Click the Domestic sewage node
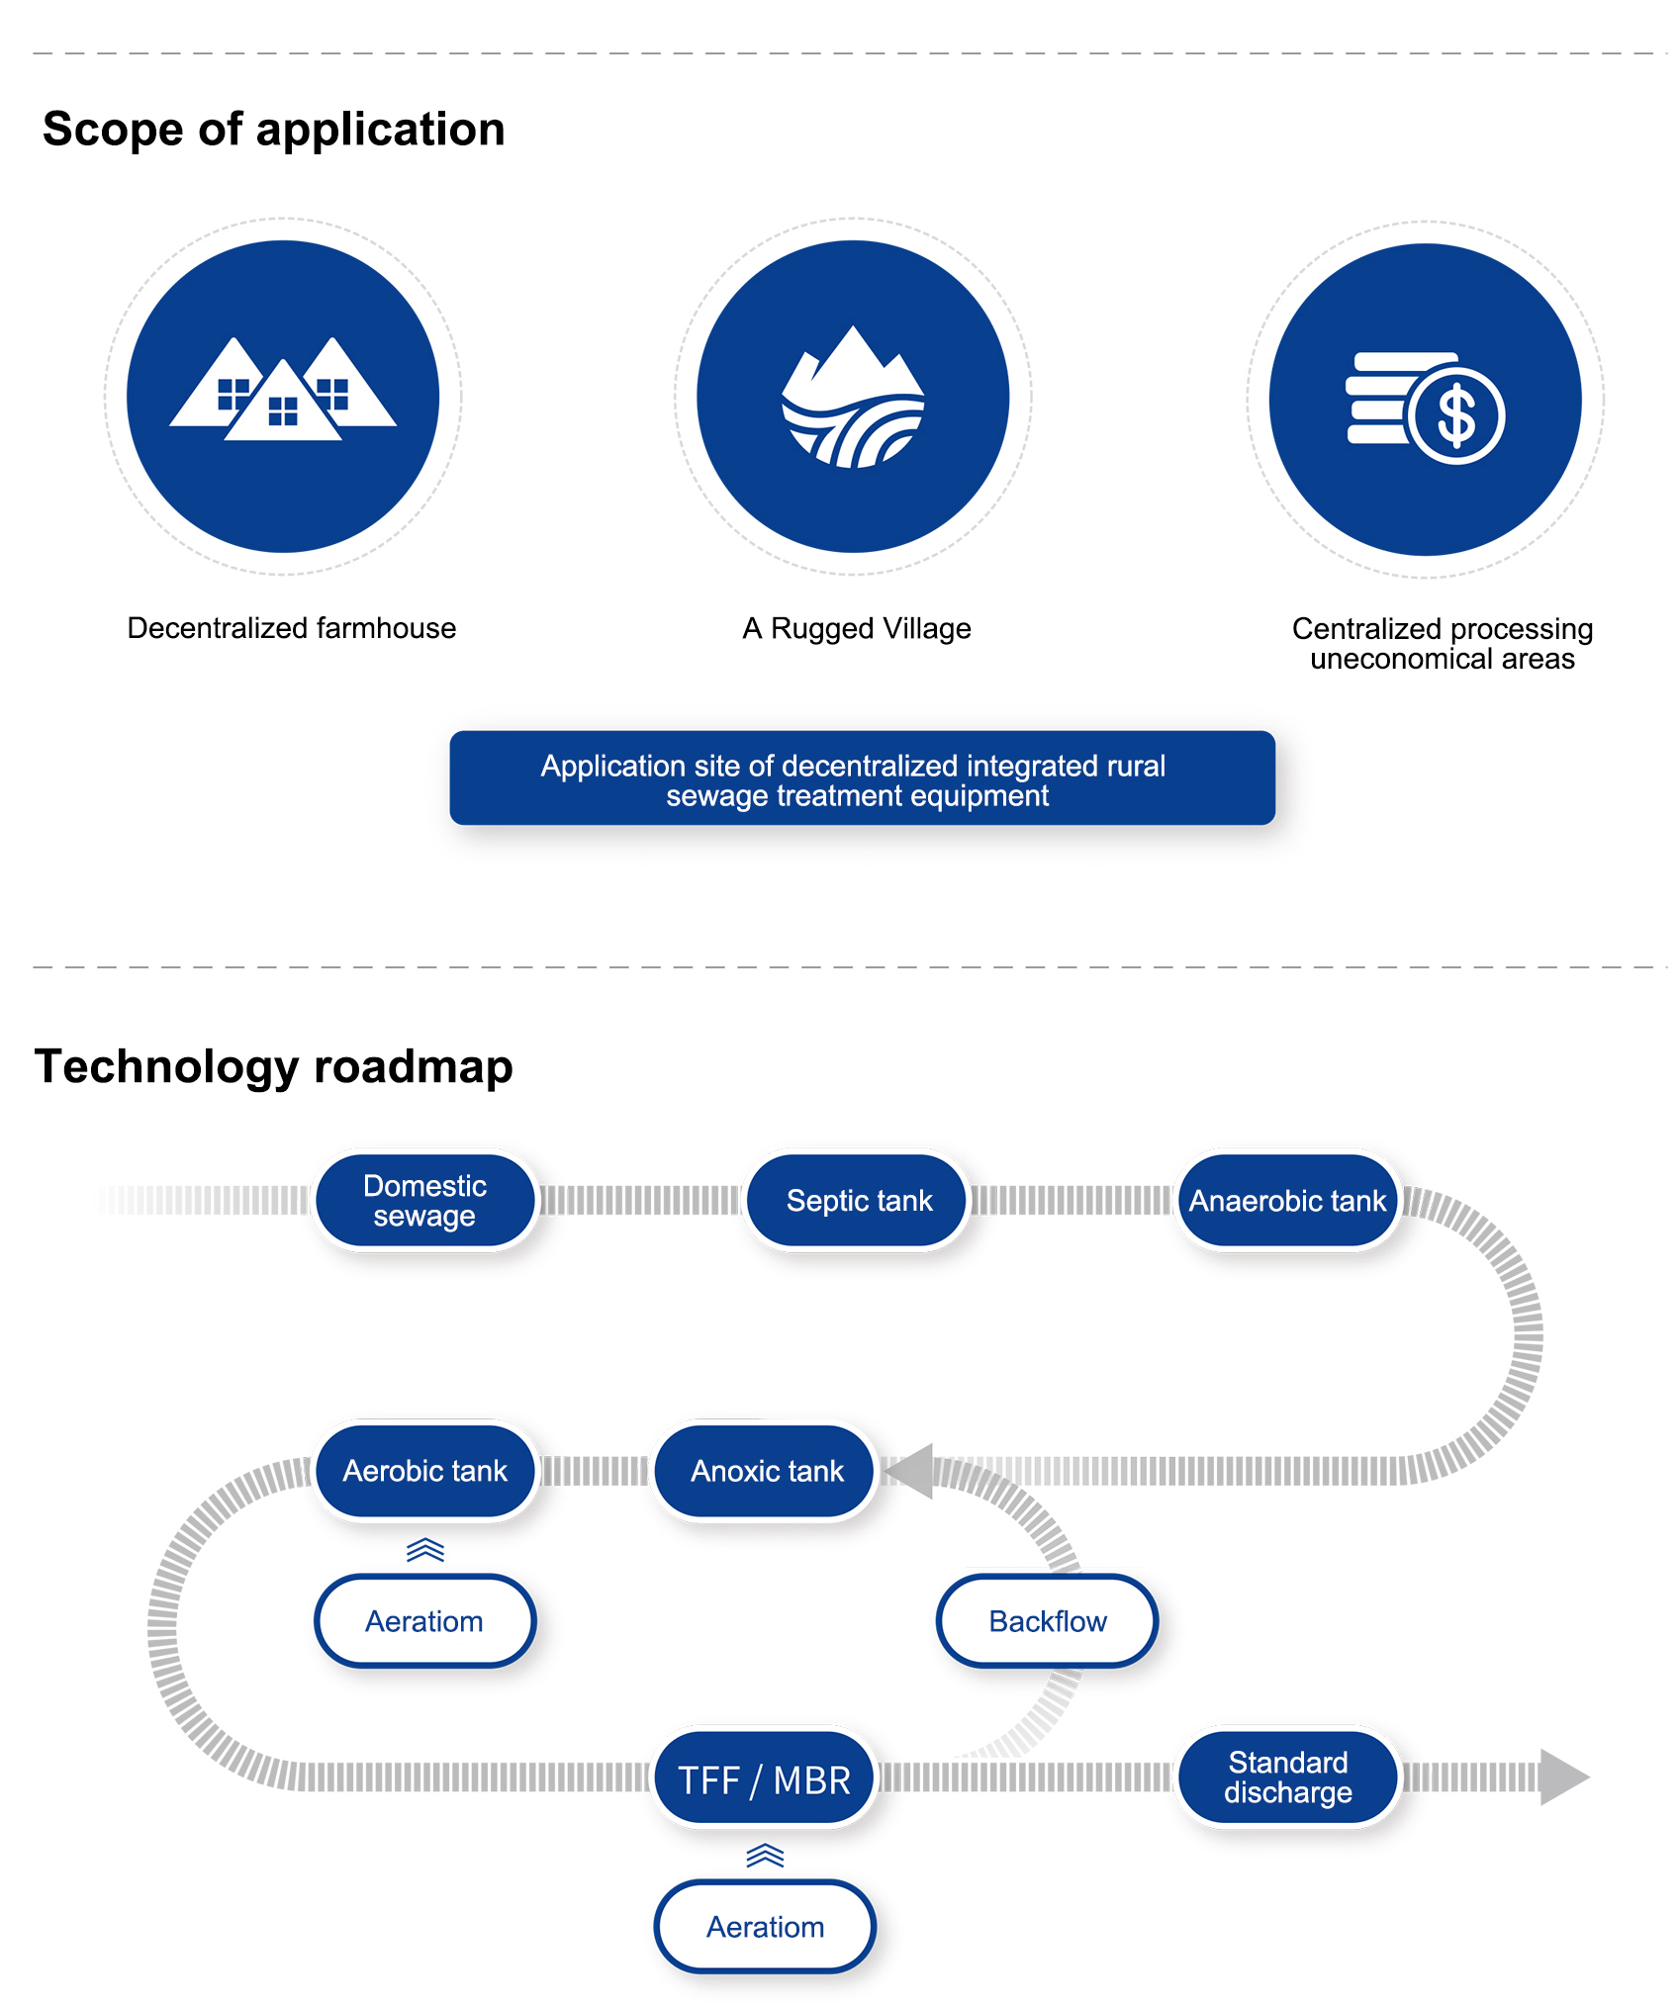(424, 1200)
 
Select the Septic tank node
(858, 1200)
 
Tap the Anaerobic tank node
(1287, 1200)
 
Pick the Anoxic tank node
(767, 1471)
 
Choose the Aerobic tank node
(424, 1471)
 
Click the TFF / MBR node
(764, 1779)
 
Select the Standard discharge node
(1287, 1777)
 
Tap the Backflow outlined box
(1047, 1621)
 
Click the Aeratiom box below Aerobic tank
(424, 1621)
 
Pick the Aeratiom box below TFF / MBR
(765, 1927)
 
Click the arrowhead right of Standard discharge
(1562, 1777)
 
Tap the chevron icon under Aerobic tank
(425, 1550)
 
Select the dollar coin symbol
(1456, 415)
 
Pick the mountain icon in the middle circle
(853, 398)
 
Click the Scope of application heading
(274, 130)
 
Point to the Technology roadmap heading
(274, 1066)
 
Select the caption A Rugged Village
(857, 628)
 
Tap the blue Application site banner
(862, 778)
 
